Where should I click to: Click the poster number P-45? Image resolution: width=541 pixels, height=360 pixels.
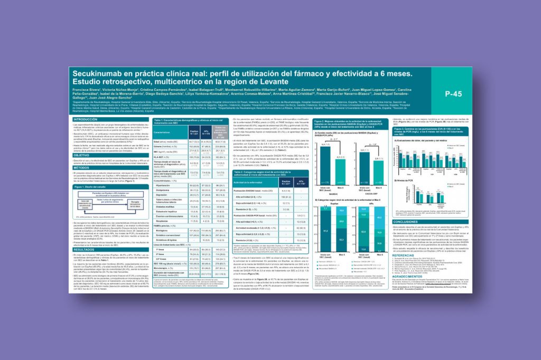click(x=453, y=93)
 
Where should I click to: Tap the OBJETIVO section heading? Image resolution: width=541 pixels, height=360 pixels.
click(x=81, y=155)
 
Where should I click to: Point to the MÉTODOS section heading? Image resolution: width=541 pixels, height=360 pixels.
click(x=81, y=167)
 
